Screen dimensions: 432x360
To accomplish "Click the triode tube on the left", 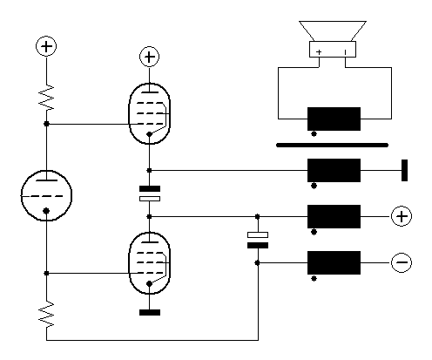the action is [x=46, y=195].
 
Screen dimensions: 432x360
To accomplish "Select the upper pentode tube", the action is [x=149, y=113].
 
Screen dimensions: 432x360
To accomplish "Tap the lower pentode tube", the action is [x=149, y=263].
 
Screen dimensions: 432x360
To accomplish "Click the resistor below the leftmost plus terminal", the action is [x=46, y=98].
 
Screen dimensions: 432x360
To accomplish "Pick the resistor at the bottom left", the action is [x=46, y=314].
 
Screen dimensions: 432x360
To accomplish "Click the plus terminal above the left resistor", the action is [x=46, y=46].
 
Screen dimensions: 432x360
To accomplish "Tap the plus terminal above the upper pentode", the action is [x=150, y=57].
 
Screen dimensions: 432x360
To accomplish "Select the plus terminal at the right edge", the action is [x=402, y=216].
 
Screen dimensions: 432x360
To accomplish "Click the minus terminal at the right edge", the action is [x=402, y=262].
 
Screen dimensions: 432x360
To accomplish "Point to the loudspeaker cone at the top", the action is [x=333, y=31].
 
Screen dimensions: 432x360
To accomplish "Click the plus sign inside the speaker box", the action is [x=319, y=52].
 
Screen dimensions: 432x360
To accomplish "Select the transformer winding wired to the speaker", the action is [x=334, y=119].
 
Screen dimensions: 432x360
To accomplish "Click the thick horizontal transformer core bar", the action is [x=332, y=145].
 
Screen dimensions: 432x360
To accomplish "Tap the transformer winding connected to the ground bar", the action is [x=334, y=170].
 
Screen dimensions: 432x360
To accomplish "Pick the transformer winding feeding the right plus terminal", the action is [x=334, y=216].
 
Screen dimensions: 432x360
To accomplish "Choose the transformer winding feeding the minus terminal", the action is [x=334, y=262].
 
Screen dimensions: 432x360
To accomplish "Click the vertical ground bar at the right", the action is [x=404, y=170].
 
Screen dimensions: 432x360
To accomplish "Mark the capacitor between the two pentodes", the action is [x=150, y=194].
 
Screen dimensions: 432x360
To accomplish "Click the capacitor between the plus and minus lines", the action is [x=258, y=240].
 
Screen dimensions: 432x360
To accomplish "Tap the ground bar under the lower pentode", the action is [x=150, y=312].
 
